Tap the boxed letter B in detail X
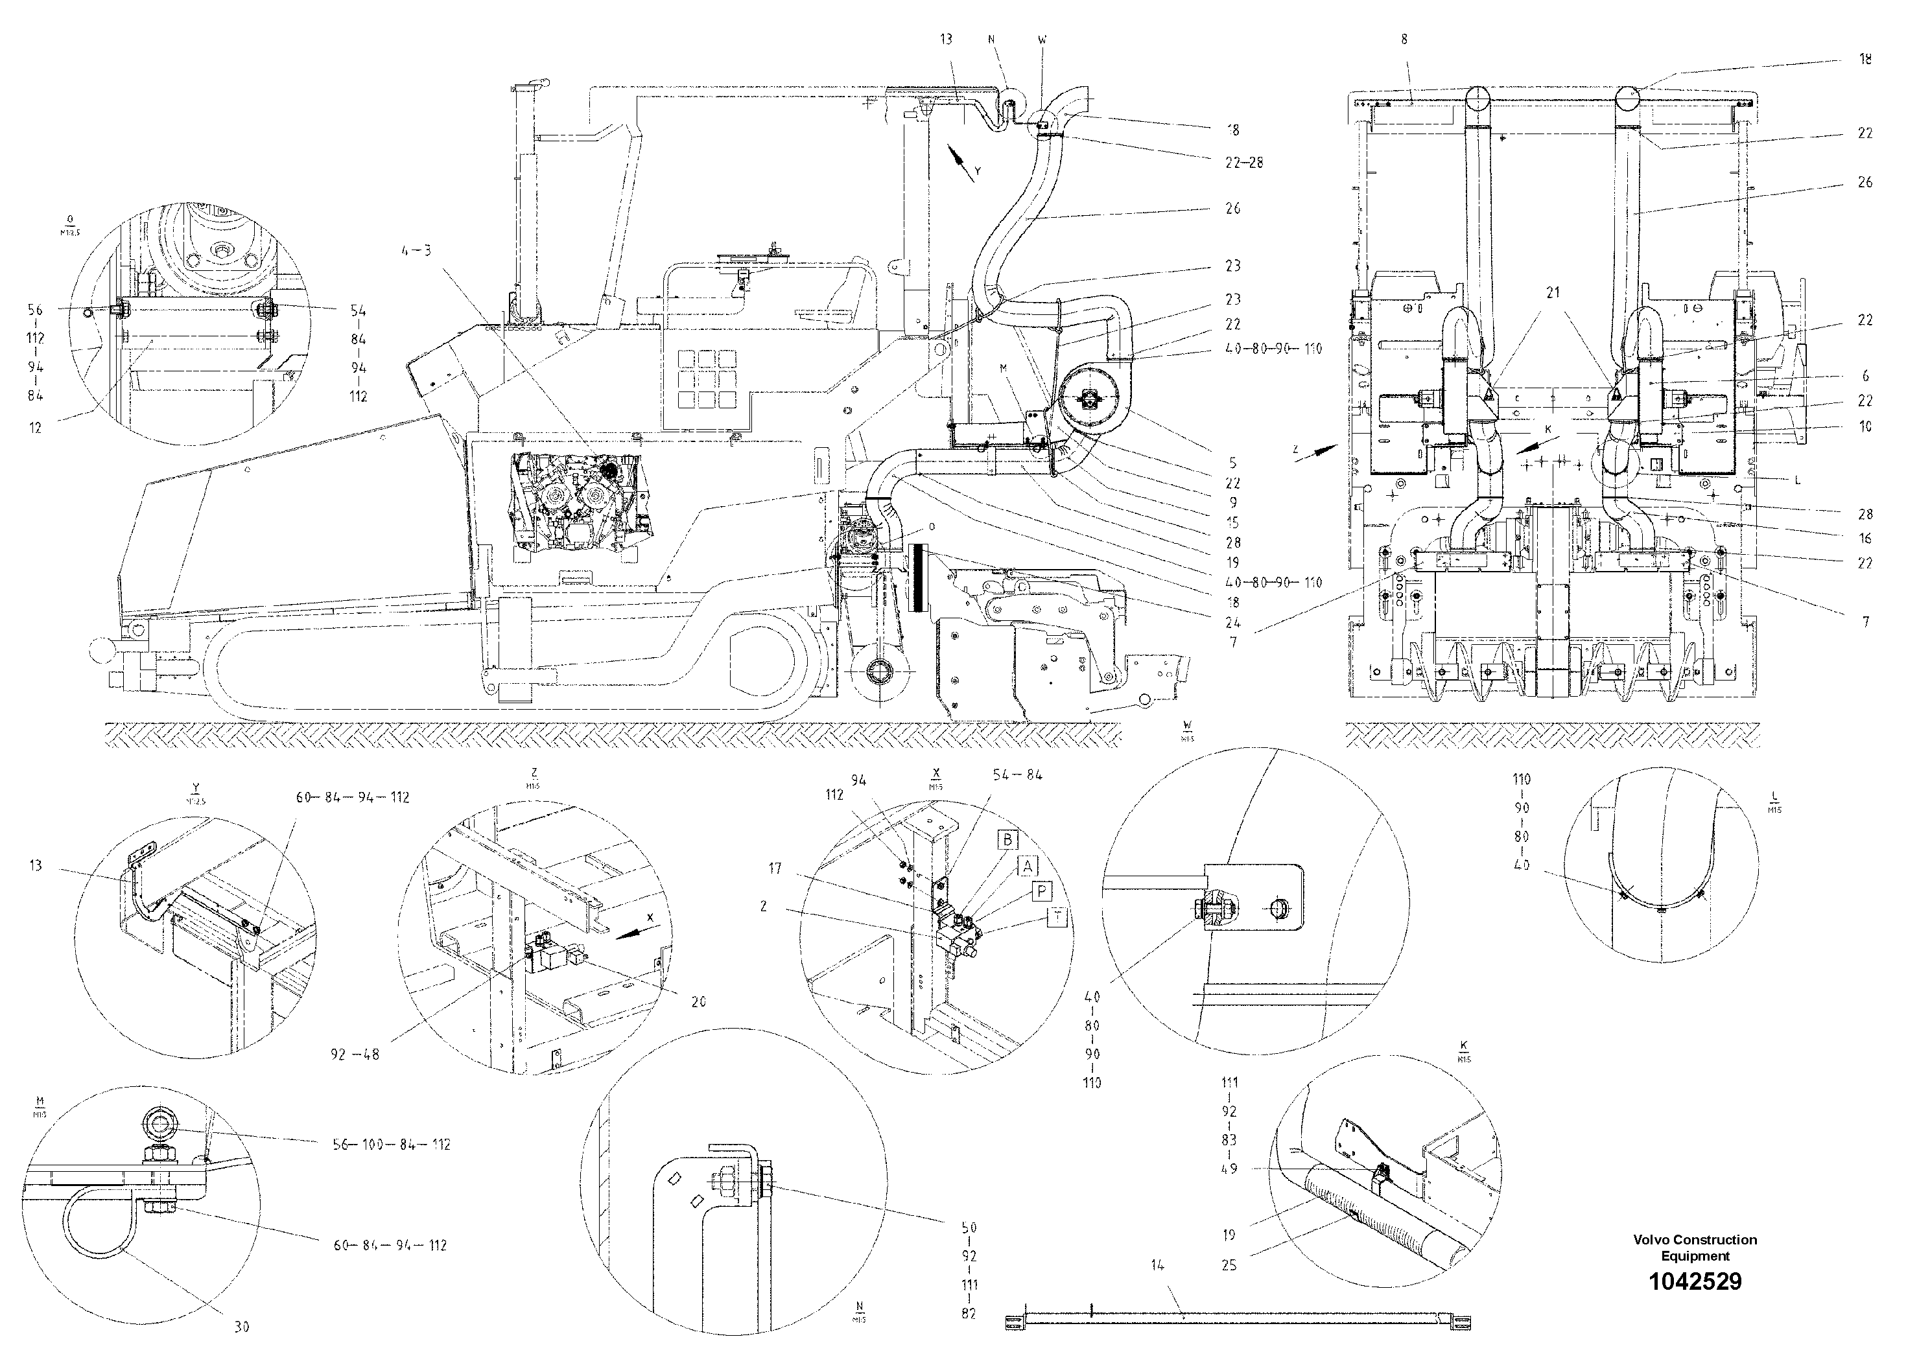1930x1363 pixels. [1008, 839]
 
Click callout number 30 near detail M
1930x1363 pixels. [242, 1327]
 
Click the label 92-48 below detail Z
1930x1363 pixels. [355, 1054]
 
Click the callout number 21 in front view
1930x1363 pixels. [1553, 292]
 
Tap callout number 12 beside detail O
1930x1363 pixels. [35, 428]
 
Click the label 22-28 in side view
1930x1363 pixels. [1243, 162]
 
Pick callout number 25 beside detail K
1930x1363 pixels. [1229, 1264]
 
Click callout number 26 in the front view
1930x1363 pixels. [1865, 182]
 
